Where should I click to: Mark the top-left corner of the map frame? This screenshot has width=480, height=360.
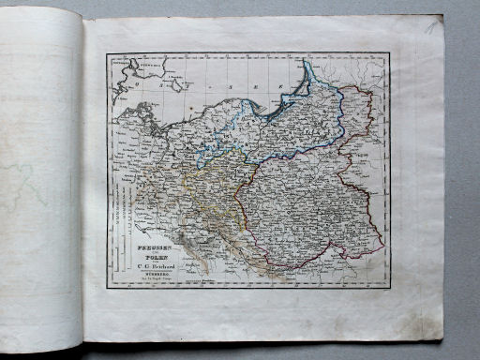(107, 53)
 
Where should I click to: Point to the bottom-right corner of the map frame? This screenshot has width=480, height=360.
(389, 286)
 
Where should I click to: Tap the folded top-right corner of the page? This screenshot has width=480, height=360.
(433, 22)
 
